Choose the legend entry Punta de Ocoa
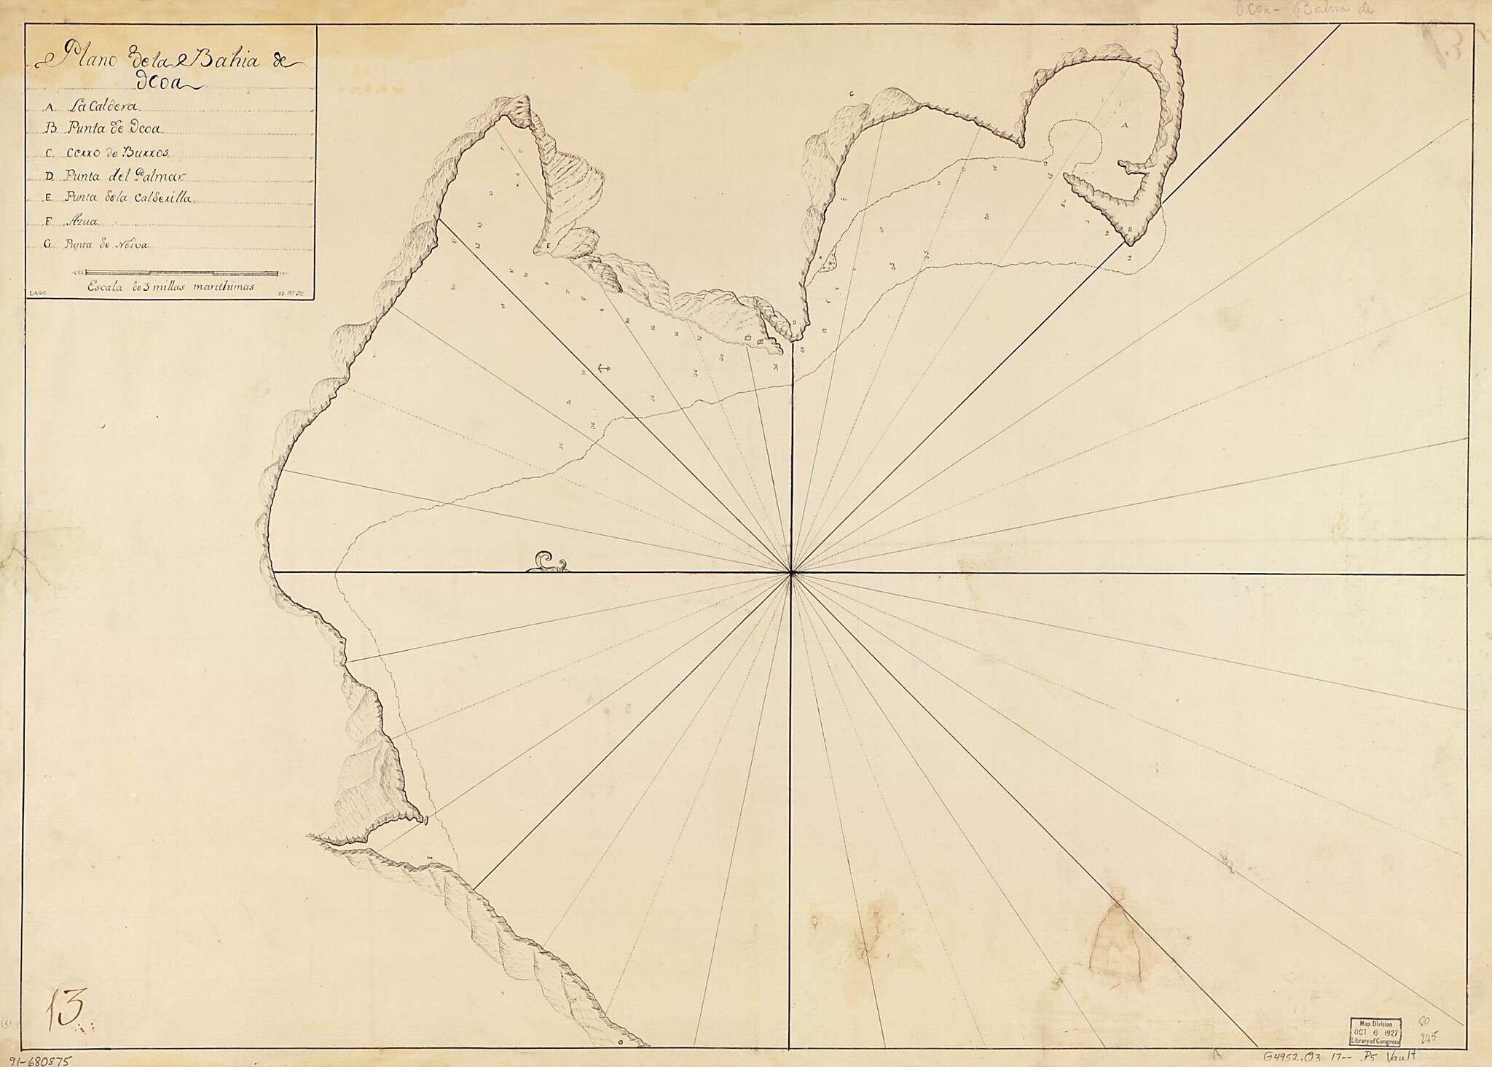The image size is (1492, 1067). pos(106,129)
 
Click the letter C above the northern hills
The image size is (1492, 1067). pos(852,94)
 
